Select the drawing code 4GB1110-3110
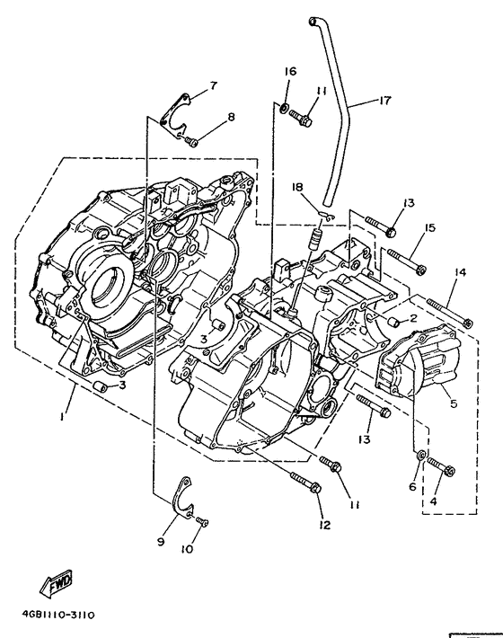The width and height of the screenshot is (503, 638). pyautogui.click(x=54, y=615)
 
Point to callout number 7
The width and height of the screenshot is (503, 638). pyautogui.click(x=213, y=85)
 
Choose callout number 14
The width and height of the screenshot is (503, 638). pyautogui.click(x=459, y=271)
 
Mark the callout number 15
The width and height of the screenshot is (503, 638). pyautogui.click(x=429, y=228)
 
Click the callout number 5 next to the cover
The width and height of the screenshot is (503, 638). pyautogui.click(x=453, y=404)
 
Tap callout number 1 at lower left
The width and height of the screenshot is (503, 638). pyautogui.click(x=62, y=416)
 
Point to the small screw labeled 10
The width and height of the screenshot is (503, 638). pyautogui.click(x=201, y=521)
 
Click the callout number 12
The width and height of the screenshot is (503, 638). pyautogui.click(x=321, y=524)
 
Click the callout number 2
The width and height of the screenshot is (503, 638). pyautogui.click(x=414, y=317)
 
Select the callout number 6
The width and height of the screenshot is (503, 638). pyautogui.click(x=413, y=486)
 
